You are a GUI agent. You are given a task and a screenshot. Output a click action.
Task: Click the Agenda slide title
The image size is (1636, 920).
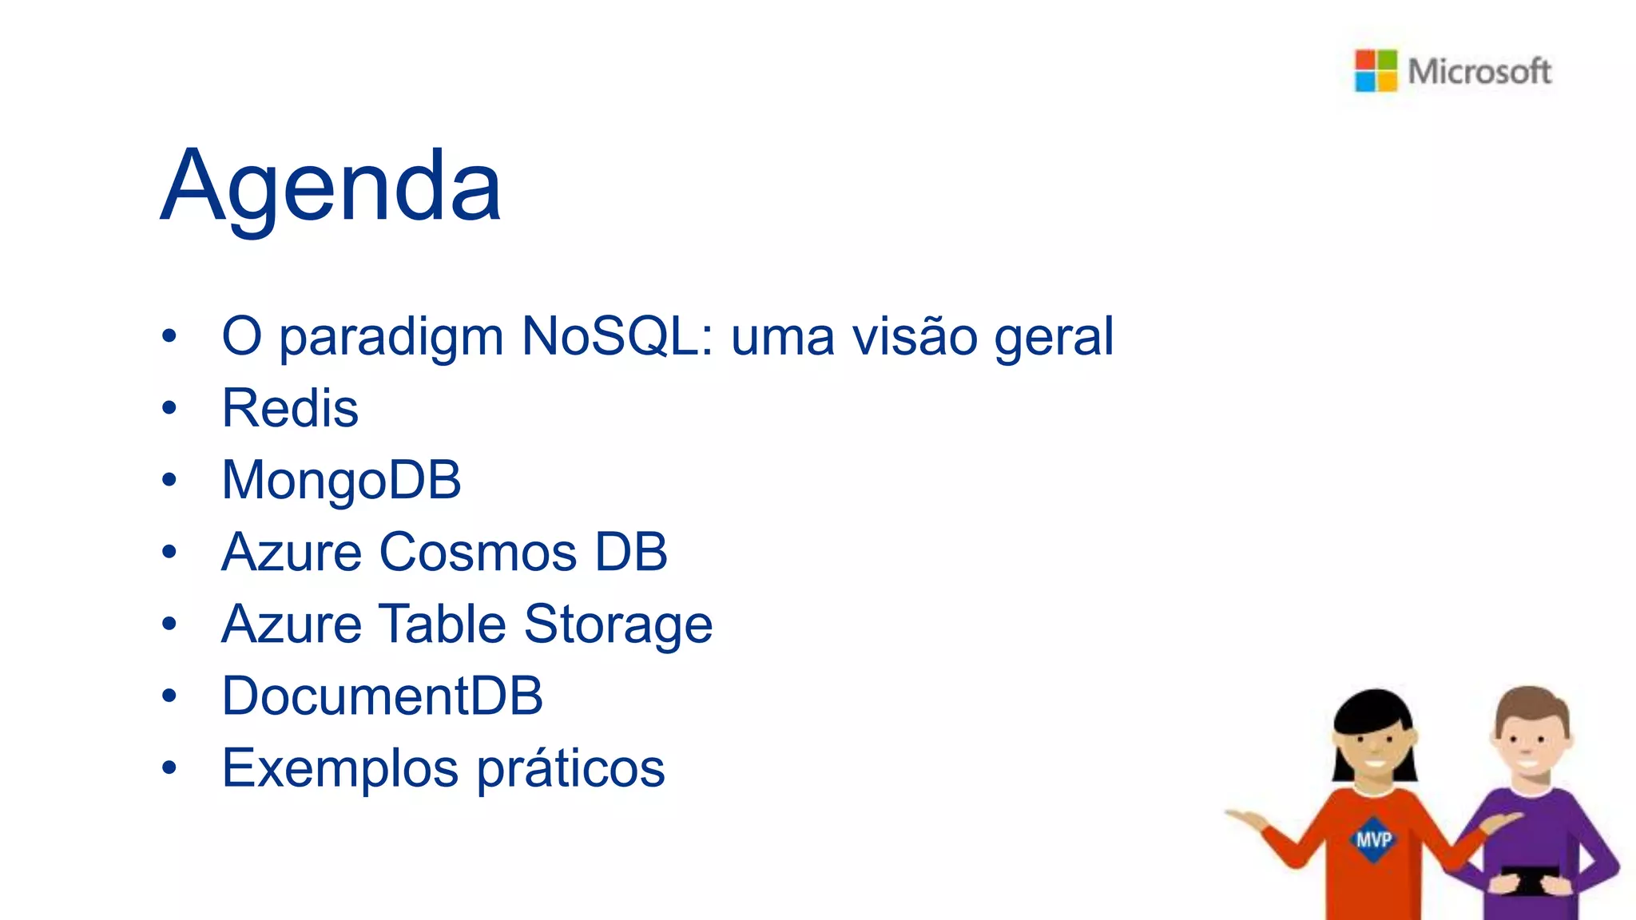pos(331,186)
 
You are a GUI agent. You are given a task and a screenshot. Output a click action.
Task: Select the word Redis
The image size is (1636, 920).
pos(290,408)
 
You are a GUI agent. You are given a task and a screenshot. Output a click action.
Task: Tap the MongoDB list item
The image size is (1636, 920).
pos(341,480)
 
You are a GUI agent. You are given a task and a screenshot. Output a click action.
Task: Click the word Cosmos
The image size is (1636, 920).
pos(478,552)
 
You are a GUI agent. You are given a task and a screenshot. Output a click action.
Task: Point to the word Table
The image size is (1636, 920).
pos(442,624)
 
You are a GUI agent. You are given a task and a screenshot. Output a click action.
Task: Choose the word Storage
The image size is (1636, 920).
pos(618,624)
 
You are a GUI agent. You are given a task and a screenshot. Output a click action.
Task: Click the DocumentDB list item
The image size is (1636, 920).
pos(382,696)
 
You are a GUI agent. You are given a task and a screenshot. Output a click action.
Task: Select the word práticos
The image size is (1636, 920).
pos(570,768)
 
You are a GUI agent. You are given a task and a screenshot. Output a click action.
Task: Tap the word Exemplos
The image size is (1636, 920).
pos(340,768)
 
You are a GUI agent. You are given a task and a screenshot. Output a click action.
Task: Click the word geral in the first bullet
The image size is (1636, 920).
pos(1054,336)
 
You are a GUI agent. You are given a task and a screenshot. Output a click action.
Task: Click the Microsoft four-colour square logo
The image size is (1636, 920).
pos(1376,70)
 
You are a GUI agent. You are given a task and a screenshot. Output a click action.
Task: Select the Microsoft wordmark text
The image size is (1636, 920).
pos(1479,71)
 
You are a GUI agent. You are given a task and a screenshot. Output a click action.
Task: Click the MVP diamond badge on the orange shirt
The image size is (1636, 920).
pos(1373,839)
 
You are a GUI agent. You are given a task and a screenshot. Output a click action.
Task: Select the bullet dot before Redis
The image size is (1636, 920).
pos(169,408)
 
